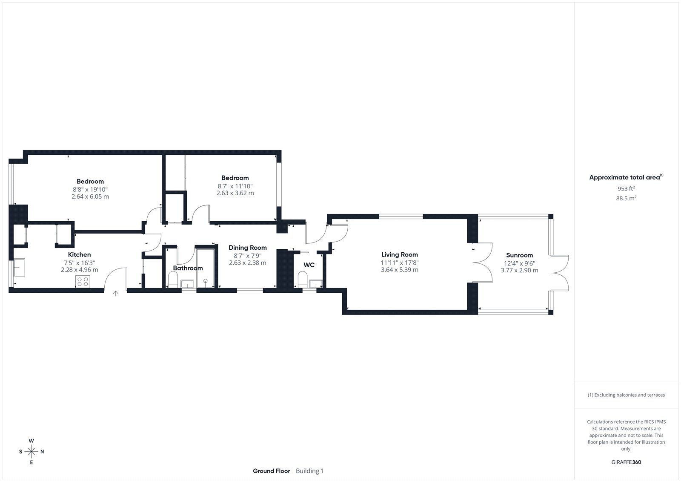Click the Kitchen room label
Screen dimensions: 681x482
pos(79,254)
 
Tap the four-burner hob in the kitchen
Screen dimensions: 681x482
pos(83,282)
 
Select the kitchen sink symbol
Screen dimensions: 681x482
pos(19,268)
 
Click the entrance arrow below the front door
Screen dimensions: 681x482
pos(115,294)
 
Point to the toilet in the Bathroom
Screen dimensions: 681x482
pos(173,280)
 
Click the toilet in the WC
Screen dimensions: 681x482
pos(303,280)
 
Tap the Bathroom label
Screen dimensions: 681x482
pos(188,268)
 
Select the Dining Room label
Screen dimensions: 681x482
pos(247,248)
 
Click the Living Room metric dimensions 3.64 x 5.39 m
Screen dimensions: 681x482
pos(400,270)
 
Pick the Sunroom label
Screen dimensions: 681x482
pos(519,255)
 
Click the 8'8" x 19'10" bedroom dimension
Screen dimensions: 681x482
pos(90,190)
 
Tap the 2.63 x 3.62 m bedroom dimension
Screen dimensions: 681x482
pos(235,193)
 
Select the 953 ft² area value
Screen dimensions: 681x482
pos(626,188)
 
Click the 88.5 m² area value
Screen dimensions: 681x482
pos(626,198)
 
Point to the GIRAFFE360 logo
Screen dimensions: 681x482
pos(626,462)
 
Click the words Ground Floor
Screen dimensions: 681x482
pos(272,471)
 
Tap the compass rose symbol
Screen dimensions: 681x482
pos(31,451)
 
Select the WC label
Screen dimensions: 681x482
pos(309,265)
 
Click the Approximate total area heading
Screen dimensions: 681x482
pos(626,177)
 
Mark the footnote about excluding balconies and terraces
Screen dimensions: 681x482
pos(626,395)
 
